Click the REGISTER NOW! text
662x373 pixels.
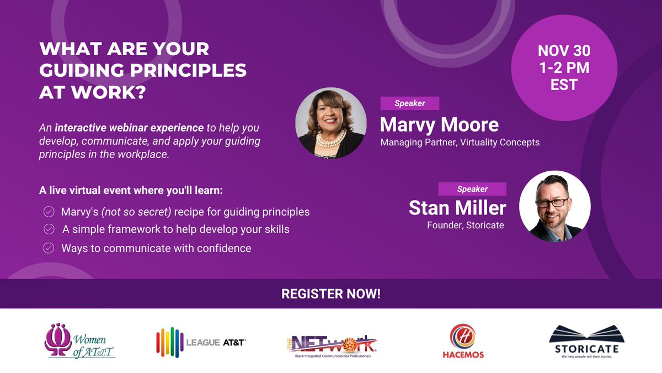[331, 294]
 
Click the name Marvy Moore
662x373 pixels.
[439, 124]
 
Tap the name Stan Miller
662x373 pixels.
[457, 208]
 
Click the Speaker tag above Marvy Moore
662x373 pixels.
[409, 103]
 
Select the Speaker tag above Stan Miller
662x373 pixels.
[472, 189]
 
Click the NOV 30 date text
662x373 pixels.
[564, 51]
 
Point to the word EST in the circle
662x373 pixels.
[564, 85]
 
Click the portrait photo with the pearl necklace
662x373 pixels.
[330, 124]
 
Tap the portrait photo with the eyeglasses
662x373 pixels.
[555, 206]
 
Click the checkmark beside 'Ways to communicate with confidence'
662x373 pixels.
[49, 249]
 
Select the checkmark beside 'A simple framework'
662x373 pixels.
[49, 229]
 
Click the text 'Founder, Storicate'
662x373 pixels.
[465, 225]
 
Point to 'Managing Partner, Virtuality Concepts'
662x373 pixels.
[460, 143]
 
